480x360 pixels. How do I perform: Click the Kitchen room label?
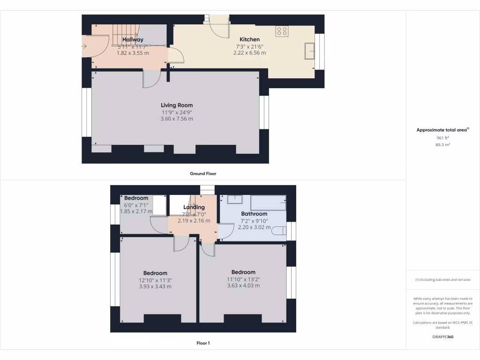[x=249, y=39]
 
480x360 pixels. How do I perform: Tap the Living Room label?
[x=177, y=105]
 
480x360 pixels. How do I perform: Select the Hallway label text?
[x=133, y=40]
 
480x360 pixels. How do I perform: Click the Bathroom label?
[x=254, y=214]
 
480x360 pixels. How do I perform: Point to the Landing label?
[x=194, y=207]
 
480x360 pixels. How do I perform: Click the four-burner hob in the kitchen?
[x=282, y=31]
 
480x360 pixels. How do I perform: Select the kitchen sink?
[x=309, y=51]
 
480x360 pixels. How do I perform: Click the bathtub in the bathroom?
[x=268, y=203]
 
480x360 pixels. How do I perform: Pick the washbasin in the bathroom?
[x=234, y=200]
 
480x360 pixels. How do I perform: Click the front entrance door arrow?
[x=85, y=46]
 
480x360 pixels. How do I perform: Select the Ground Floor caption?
[x=203, y=173]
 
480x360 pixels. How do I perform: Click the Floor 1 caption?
[x=203, y=343]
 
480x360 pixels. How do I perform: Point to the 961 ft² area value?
[x=443, y=138]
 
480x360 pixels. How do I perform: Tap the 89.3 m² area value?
[x=443, y=145]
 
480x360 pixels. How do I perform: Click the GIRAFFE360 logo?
[x=443, y=337]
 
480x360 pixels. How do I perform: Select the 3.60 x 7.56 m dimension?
[x=177, y=119]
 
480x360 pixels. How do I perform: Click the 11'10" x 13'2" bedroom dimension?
[x=243, y=279]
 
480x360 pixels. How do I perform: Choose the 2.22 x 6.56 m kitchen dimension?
[x=249, y=53]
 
